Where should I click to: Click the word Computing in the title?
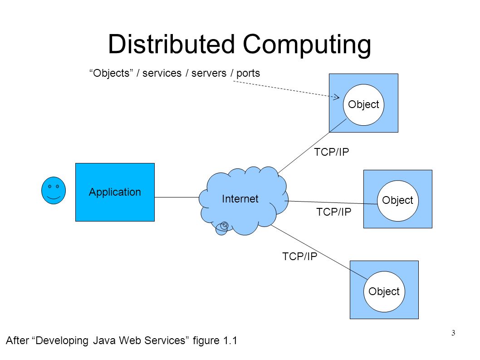click(x=307, y=44)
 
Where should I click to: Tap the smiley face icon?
click(x=53, y=191)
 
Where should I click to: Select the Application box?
click(x=115, y=192)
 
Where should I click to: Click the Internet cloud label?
click(x=240, y=199)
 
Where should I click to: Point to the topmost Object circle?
click(x=363, y=105)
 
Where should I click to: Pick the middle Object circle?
click(x=397, y=200)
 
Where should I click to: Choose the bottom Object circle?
click(x=384, y=291)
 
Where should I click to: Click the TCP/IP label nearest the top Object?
click(x=332, y=152)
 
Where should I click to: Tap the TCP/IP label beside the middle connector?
click(x=334, y=212)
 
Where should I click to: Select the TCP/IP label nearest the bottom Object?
click(x=300, y=256)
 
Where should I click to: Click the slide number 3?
click(x=453, y=334)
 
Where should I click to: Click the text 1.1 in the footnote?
click(x=230, y=341)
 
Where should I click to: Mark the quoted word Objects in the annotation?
click(x=110, y=73)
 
